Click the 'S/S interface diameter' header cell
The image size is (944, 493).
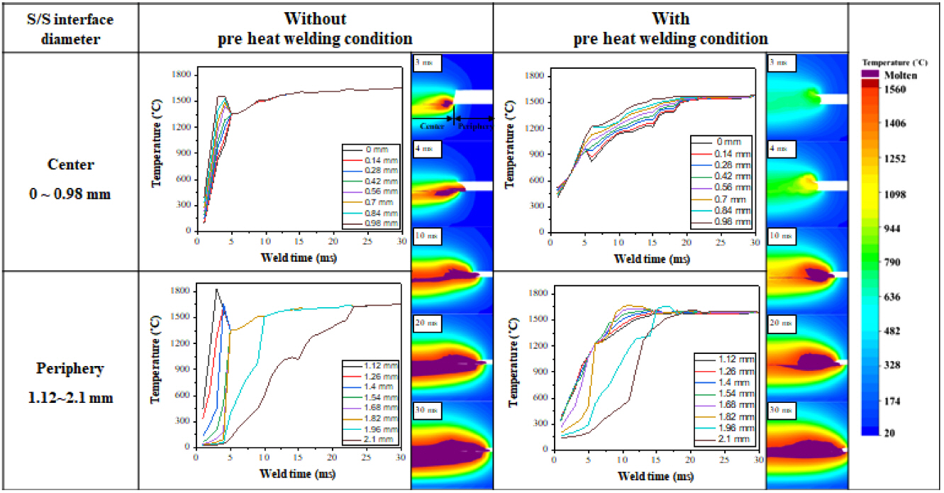pyautogui.click(x=69, y=27)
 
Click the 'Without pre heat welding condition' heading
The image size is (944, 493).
pyautogui.click(x=316, y=27)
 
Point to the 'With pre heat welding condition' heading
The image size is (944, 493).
pyautogui.click(x=670, y=27)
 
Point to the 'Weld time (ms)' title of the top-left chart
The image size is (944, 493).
pyautogui.click(x=299, y=257)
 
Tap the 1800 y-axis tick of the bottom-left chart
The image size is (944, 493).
pyautogui.click(x=182, y=291)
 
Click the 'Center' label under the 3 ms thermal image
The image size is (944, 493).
pyautogui.click(x=432, y=127)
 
